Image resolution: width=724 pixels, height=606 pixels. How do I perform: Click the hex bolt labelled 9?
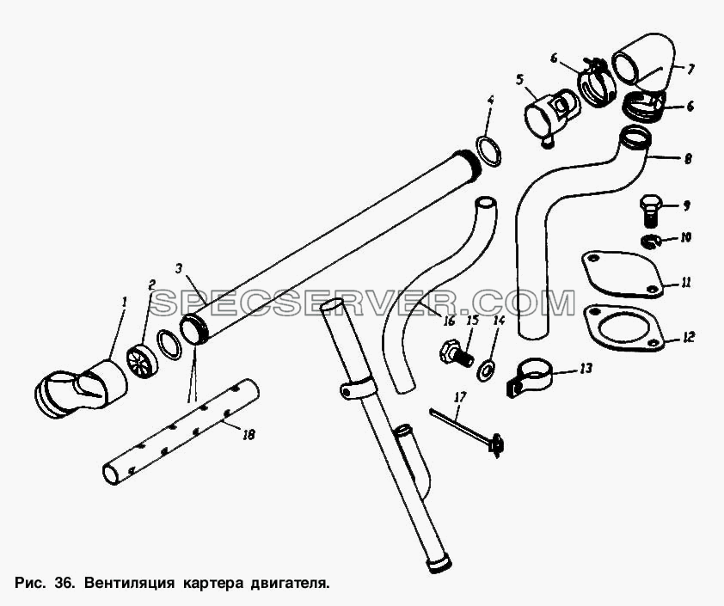651,211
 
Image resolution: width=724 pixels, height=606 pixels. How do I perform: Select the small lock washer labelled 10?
651,241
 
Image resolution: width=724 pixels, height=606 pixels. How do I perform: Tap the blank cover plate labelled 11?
622,274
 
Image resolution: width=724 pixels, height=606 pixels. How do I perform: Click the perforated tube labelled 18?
180,432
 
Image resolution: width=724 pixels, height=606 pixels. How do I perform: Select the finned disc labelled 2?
141,360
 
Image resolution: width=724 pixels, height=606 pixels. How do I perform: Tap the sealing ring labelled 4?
489,151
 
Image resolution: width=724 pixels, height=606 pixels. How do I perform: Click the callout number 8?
688,159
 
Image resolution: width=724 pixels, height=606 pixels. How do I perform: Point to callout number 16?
449,321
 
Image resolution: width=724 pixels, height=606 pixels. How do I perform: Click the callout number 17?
460,397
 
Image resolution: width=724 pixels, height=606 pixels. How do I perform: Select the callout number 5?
520,79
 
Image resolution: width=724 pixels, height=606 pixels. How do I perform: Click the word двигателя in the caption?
290,584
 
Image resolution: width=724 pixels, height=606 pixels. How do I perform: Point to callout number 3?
179,268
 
